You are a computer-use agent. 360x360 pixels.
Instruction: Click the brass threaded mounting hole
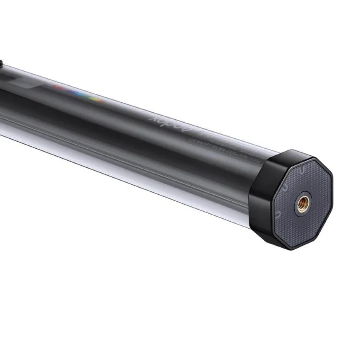coord(303,204)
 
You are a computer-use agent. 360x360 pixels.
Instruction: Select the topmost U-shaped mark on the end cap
coord(303,171)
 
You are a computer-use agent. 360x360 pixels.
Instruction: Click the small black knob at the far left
coord(1,64)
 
